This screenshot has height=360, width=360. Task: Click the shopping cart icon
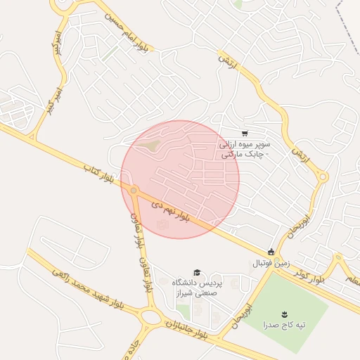244,134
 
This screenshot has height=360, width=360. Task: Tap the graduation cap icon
197,272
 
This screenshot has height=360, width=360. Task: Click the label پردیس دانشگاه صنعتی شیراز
197,288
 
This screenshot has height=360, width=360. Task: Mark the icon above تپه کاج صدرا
285,314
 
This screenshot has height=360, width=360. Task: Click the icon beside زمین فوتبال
271,252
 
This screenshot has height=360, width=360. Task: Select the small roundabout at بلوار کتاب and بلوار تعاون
133,190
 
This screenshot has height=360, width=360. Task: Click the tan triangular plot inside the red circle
148,146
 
